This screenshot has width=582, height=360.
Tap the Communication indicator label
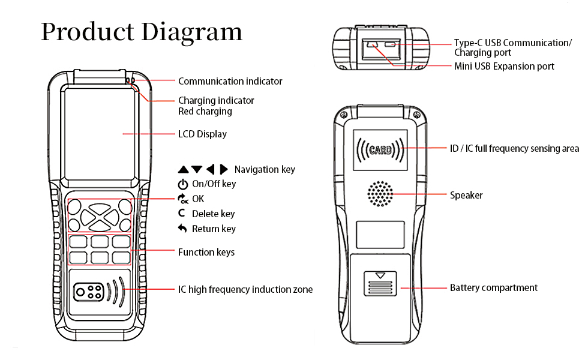pyautogui.click(x=230, y=81)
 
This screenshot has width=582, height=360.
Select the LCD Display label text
pyautogui.click(x=202, y=134)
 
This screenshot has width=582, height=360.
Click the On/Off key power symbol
pyautogui.click(x=182, y=184)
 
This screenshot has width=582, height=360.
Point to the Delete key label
pyautogui.click(x=213, y=214)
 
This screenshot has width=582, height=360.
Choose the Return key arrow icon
pyautogui.click(x=182, y=229)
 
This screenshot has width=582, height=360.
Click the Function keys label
pyautogui.click(x=206, y=252)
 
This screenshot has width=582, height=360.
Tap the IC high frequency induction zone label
pyautogui.click(x=245, y=290)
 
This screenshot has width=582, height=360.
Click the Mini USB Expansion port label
pyautogui.click(x=504, y=66)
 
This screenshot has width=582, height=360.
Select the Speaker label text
pyautogui.click(x=466, y=195)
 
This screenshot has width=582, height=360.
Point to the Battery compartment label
pyautogui.click(x=493, y=288)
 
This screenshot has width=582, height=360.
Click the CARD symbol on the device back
pyautogui.click(x=380, y=149)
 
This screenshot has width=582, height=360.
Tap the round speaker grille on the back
pyautogui.click(x=380, y=194)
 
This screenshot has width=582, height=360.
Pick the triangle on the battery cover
pyautogui.click(x=379, y=276)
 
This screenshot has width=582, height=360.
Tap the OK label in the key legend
pyautogui.click(x=198, y=199)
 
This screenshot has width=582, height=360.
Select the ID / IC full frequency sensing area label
pyautogui.click(x=514, y=148)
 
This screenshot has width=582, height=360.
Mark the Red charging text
pyautogui.click(x=205, y=111)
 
